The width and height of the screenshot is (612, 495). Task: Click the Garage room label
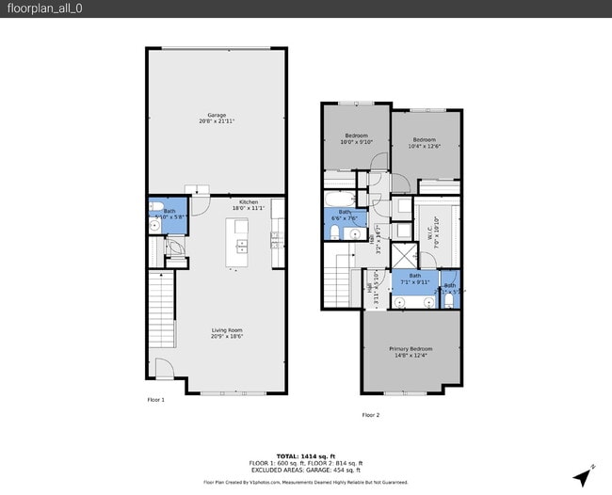pos(216,118)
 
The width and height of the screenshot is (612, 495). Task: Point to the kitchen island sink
pos(241,247)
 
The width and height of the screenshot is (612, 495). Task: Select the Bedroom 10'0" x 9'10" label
pos(356,138)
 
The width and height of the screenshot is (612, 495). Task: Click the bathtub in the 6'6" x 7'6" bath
pos(339,200)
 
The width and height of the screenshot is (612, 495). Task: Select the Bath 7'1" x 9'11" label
pos(414,279)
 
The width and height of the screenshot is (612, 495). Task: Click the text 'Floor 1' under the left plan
pos(155,400)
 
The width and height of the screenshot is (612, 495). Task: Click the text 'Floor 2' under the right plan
pos(371,414)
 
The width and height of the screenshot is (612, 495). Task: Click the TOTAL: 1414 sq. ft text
pos(305,455)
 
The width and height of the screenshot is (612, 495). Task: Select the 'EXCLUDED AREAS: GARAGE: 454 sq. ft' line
pos(305,470)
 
